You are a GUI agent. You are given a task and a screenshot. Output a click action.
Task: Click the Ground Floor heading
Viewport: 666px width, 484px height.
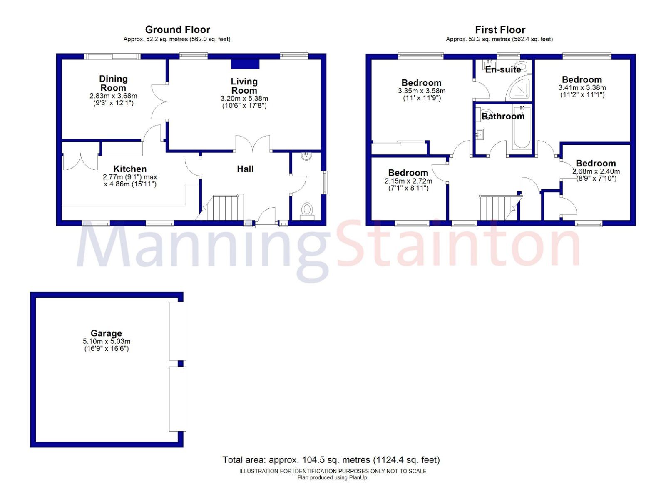[x=177, y=30]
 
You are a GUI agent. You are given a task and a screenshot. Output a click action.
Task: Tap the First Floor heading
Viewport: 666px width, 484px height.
[x=500, y=30]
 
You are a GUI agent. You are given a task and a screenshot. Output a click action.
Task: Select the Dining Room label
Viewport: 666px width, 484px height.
[x=113, y=83]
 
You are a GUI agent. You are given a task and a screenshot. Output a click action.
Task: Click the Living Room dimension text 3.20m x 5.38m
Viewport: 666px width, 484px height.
[x=244, y=98]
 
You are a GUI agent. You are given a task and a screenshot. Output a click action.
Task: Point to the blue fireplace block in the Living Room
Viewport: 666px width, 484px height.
[x=245, y=64]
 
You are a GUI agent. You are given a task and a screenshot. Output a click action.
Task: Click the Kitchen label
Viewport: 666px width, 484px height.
[x=130, y=169]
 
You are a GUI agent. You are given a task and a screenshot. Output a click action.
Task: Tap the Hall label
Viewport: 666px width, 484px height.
[x=245, y=169]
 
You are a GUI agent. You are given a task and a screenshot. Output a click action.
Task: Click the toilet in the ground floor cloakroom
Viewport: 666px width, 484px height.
[x=307, y=211]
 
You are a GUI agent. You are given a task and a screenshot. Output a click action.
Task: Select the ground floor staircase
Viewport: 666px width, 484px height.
[x=220, y=208]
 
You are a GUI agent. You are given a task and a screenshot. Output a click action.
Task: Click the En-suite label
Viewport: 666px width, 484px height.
[x=503, y=69]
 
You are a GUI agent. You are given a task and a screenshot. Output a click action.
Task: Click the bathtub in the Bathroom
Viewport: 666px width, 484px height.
[x=522, y=127]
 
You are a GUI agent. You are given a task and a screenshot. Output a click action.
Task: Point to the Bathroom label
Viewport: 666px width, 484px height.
[x=503, y=116]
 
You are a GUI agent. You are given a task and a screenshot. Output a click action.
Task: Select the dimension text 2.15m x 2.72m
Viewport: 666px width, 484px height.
[x=408, y=181]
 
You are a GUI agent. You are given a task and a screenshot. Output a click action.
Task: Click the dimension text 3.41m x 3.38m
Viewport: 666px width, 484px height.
[x=582, y=88]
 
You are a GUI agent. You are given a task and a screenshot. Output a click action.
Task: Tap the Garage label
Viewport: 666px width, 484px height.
[x=106, y=334]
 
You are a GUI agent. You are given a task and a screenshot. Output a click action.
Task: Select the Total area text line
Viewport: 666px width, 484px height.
[x=331, y=460]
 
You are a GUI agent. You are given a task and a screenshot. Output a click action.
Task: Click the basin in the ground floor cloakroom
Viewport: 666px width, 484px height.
[x=306, y=156]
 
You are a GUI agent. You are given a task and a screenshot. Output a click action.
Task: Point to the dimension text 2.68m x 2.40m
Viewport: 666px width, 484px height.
[x=596, y=171]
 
